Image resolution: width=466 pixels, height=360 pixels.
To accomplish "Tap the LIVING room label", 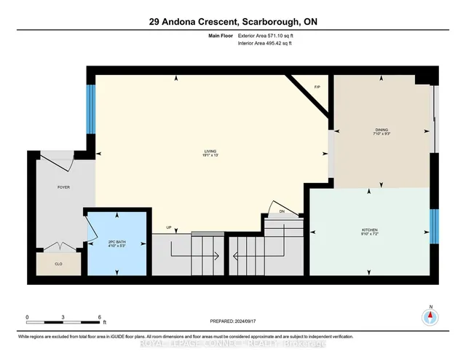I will coord(210,151).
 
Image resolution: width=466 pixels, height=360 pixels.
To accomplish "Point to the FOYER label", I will coord(64,187).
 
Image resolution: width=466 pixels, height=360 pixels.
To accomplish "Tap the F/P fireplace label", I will coord(317,87).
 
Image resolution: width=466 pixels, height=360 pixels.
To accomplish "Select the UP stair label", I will coord(169,227).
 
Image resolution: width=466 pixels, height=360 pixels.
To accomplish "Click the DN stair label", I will coord(283,212).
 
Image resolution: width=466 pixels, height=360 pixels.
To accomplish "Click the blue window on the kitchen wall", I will coord(433,227).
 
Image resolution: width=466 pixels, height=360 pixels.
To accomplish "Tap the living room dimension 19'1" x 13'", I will coord(210,156).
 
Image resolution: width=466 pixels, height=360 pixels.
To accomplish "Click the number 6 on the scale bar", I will coord(98,317).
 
